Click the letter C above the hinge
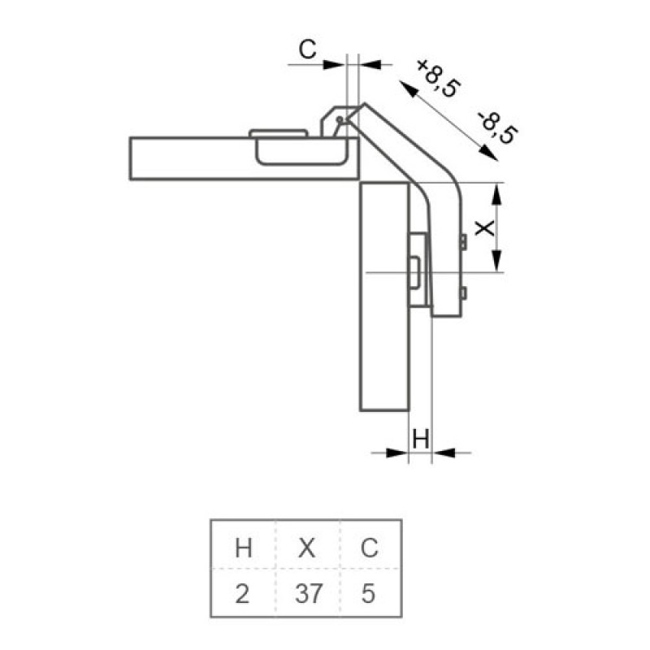[x=308, y=50]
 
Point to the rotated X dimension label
[x=484, y=228]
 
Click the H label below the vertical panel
[x=421, y=439]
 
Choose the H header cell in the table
[x=244, y=548]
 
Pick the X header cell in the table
[x=307, y=548]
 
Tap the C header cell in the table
[x=370, y=548]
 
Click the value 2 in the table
[x=242, y=593]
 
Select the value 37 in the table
[x=309, y=593]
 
